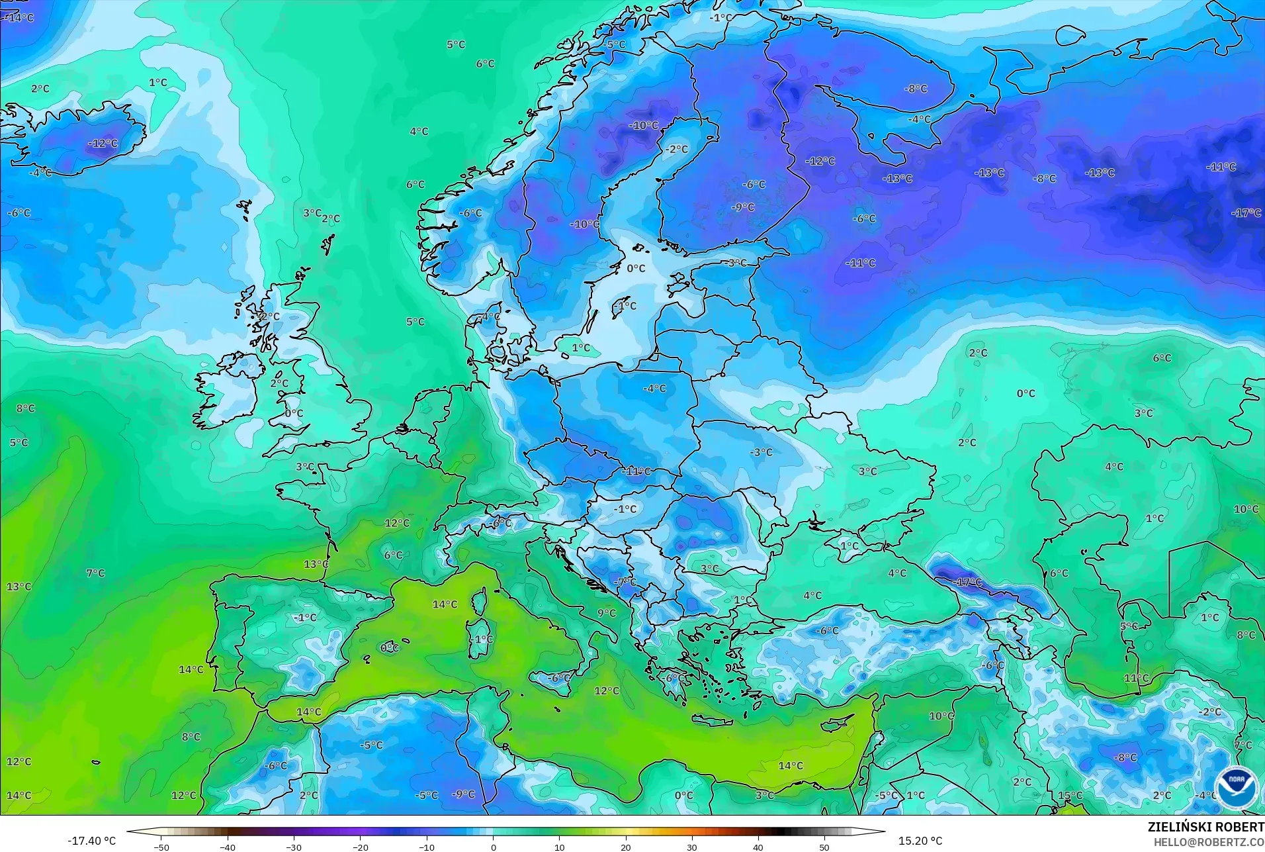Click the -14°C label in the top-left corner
click(19, 17)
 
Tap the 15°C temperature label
click(1070, 795)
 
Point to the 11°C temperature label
click(1136, 678)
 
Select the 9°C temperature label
click(606, 613)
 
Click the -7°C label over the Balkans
click(625, 581)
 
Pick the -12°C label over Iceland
click(103, 143)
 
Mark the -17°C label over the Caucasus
click(968, 582)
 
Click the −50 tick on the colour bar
click(161, 847)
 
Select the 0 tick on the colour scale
click(493, 847)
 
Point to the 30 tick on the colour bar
click(691, 847)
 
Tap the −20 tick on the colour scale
click(360, 847)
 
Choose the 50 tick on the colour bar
click(824, 847)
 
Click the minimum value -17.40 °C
click(91, 841)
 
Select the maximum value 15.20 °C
click(920, 841)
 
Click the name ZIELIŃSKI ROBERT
click(1205, 827)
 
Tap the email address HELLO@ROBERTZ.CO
click(1209, 842)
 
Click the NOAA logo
click(1235, 787)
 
